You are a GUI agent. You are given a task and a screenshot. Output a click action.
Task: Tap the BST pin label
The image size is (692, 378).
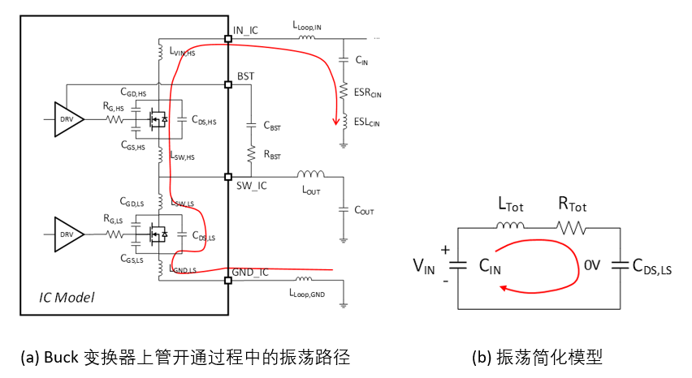pyautogui.click(x=246, y=76)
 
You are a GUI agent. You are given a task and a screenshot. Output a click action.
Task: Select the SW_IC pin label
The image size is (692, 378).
pyautogui.click(x=250, y=187)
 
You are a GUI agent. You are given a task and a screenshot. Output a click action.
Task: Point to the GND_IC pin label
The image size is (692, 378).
pyautogui.click(x=253, y=272)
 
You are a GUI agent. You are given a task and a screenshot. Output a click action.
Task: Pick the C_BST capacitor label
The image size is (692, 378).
pyautogui.click(x=273, y=126)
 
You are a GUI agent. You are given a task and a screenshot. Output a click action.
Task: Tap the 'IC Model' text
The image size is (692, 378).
pyautogui.click(x=67, y=298)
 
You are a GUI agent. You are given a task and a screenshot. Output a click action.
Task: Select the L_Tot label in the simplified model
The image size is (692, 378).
pyautogui.click(x=510, y=207)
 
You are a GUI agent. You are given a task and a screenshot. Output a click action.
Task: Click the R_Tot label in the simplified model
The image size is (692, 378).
pyautogui.click(x=573, y=207)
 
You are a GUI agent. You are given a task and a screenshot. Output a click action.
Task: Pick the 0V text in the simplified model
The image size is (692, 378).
pyautogui.click(x=593, y=264)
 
